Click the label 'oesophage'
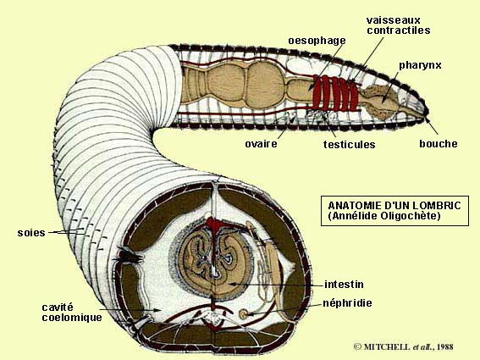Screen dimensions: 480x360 [x=317, y=41]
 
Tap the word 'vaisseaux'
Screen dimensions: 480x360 [x=394, y=20]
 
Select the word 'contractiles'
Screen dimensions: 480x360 [x=399, y=30]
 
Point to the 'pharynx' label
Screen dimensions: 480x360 [x=420, y=66]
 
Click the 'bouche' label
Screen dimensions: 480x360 [x=439, y=143]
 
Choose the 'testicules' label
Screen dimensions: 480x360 [x=350, y=144]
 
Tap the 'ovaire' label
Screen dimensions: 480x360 [x=261, y=144]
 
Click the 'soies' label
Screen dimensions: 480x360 [x=31, y=233]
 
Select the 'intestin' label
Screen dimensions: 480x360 [x=344, y=285]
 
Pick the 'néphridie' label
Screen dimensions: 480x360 [x=347, y=303]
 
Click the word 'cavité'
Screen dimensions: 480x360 [x=58, y=307]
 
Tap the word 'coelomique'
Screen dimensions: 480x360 [x=72, y=318]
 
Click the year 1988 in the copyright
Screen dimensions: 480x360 [x=444, y=346]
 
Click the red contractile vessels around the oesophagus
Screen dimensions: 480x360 [x=336, y=93]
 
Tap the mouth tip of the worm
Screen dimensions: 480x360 [x=427, y=116]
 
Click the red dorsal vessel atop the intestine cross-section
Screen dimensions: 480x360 [x=215, y=224]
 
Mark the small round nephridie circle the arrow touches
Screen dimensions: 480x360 [x=244, y=313]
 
